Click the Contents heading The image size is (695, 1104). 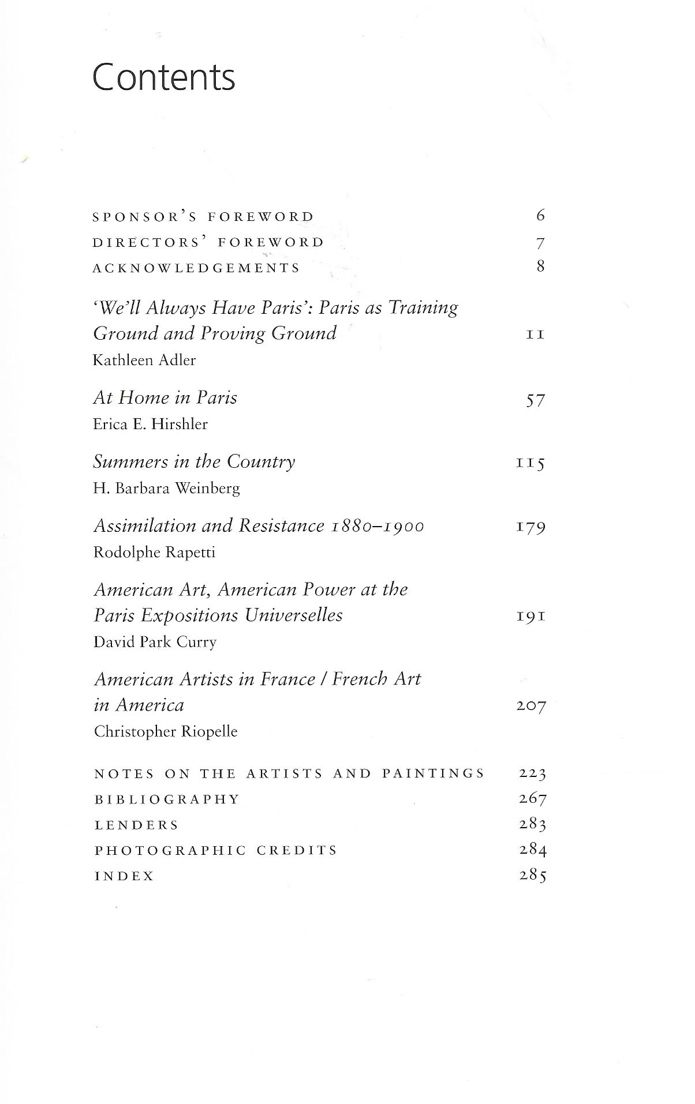pos(164,78)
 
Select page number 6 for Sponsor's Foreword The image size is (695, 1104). pos(540,216)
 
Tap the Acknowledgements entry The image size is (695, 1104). pos(196,268)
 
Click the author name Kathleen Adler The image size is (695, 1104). pos(144,361)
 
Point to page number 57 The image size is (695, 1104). pos(535,400)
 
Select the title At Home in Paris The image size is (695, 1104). pos(165,398)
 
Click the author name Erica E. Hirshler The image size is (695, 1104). pos(150,425)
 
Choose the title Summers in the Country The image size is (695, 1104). pos(194,462)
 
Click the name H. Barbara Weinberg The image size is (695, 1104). pos(166,489)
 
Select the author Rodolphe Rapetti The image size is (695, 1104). pos(154,553)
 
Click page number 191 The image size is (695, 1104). pos(531,617)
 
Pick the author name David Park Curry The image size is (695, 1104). pos(155,643)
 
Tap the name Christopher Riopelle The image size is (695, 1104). pos(166,732)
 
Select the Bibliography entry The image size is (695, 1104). pos(167,799)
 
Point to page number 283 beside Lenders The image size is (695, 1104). pos(532,825)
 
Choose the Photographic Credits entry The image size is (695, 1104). pos(216,851)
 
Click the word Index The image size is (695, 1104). pos(124,877)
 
